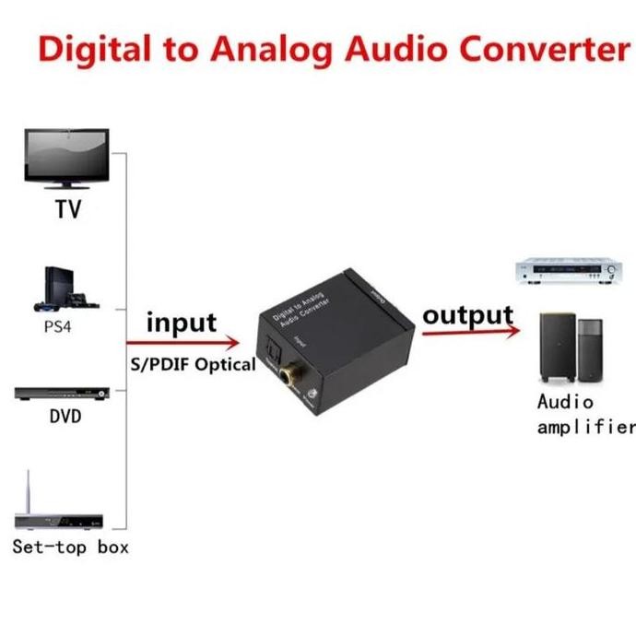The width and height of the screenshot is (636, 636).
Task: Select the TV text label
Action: pos(67,209)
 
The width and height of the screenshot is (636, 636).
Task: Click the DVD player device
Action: pos(63,394)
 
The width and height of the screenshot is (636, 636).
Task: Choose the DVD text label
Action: pos(65,417)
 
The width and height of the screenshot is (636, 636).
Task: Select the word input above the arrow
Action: pos(182,324)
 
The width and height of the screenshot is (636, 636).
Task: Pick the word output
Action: pos(467,314)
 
